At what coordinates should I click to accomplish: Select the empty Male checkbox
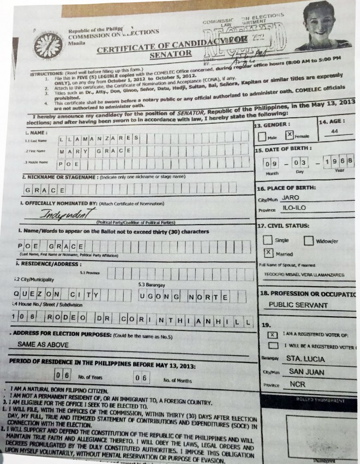[x=263, y=135]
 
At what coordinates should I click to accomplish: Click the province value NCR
[x=297, y=384]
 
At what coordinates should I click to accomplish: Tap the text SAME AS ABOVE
[x=42, y=345]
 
